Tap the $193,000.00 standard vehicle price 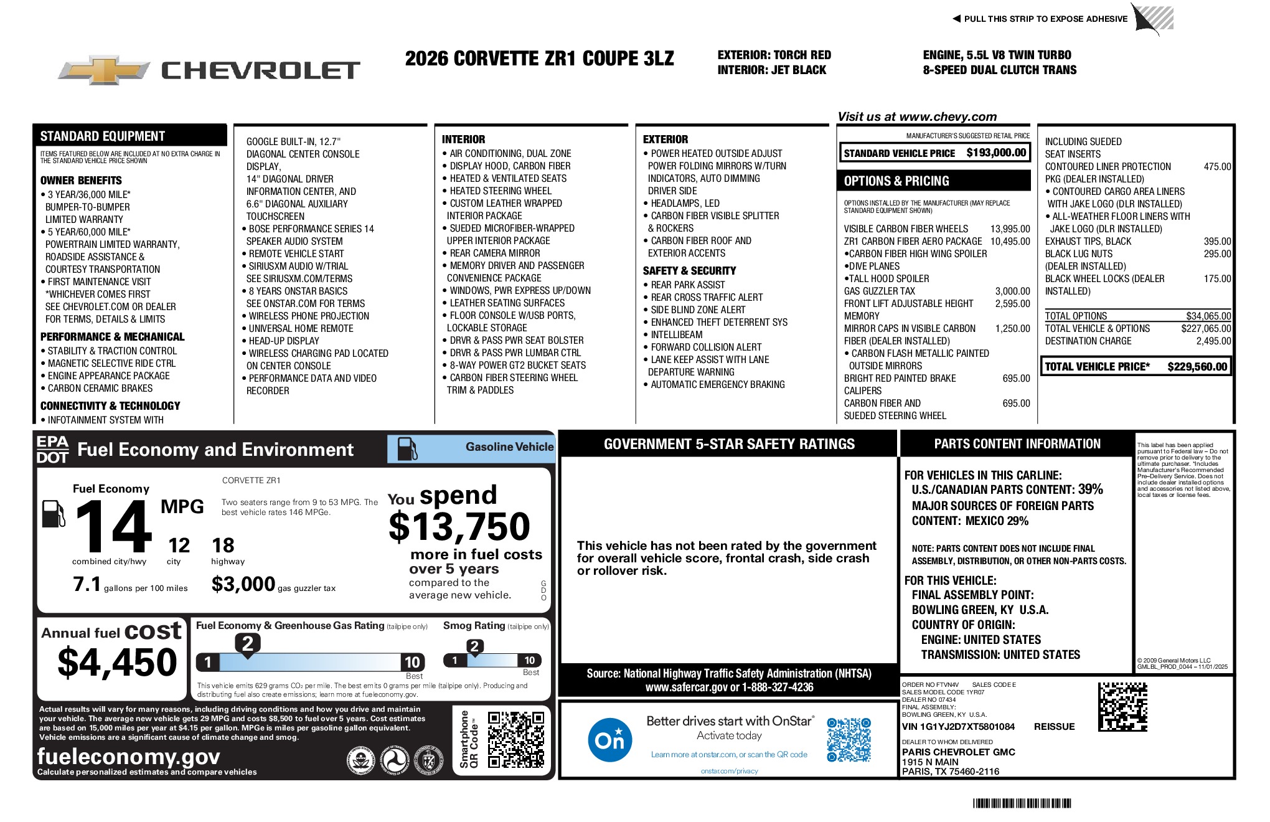pyautogui.click(x=996, y=153)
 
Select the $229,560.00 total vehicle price pyautogui.click(x=1197, y=367)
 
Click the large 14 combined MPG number pyautogui.click(x=113, y=527)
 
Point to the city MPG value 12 pyautogui.click(x=179, y=546)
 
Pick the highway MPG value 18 pyautogui.click(x=223, y=546)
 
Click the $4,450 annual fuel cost pyautogui.click(x=117, y=662)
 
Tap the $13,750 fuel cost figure pyautogui.click(x=459, y=527)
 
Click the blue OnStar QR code pyautogui.click(x=849, y=739)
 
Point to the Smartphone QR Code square pyautogui.click(x=515, y=739)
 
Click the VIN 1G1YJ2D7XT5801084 pyautogui.click(x=958, y=727)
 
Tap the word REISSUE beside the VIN pyautogui.click(x=1054, y=727)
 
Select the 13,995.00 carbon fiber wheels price pyautogui.click(x=1010, y=229)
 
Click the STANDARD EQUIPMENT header pyautogui.click(x=103, y=136)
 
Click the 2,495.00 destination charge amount pyautogui.click(x=1213, y=341)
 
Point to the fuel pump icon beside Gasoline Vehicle pyautogui.click(x=408, y=448)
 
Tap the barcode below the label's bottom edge pyautogui.click(x=1022, y=803)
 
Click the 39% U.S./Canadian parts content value pyautogui.click(x=1090, y=489)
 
